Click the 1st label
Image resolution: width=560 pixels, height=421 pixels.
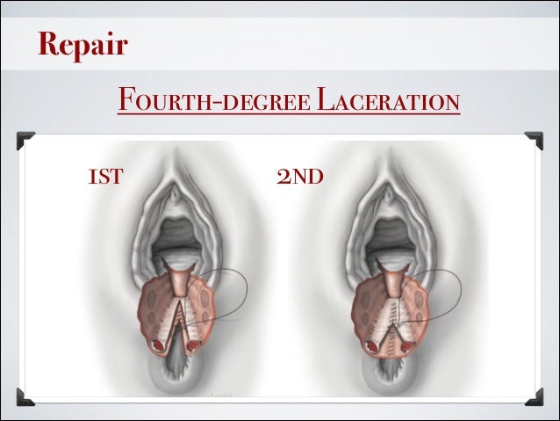104,178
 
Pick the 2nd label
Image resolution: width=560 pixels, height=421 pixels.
300,178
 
